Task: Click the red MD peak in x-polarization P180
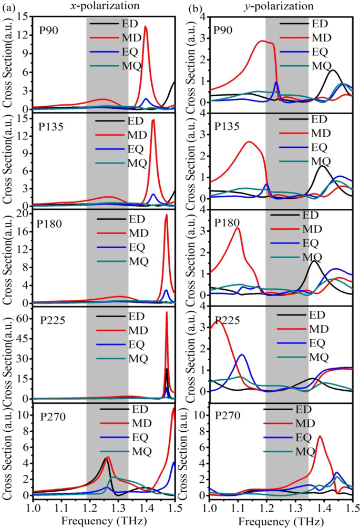coord(167,216)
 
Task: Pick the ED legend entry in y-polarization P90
coord(319,24)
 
